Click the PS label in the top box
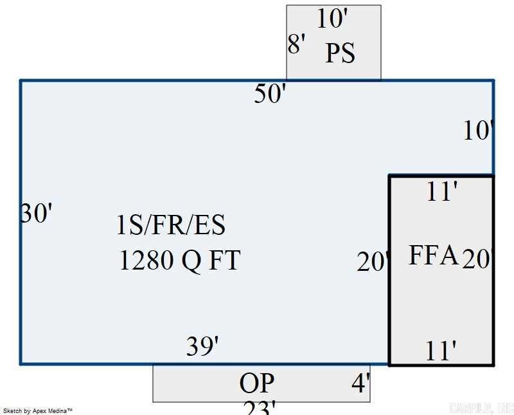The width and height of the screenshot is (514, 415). [x=340, y=53]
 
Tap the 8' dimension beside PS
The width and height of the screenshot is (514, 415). [x=296, y=44]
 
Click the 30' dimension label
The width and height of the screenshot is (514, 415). [x=36, y=213]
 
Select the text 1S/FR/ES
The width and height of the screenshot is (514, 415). [x=171, y=226]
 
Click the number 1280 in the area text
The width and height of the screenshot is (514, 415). [x=146, y=261]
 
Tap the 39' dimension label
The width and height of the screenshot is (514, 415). [x=202, y=347]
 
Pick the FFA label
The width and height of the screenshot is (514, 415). [x=434, y=255]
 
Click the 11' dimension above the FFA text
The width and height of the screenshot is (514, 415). [x=441, y=192]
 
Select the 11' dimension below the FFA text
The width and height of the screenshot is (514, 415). [x=441, y=351]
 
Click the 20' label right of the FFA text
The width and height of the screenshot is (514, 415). [x=477, y=259]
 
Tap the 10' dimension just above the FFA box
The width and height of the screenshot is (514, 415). [x=478, y=131]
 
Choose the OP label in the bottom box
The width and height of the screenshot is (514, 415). [x=257, y=383]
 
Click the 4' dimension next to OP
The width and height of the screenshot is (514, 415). [x=360, y=383]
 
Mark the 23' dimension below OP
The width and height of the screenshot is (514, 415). [x=260, y=408]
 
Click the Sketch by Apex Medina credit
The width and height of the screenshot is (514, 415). [x=38, y=410]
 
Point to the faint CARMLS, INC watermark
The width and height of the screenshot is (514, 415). [x=481, y=408]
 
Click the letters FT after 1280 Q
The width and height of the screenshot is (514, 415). [x=224, y=261]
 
